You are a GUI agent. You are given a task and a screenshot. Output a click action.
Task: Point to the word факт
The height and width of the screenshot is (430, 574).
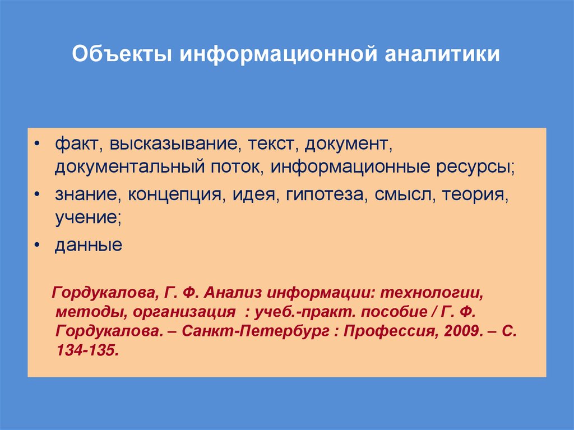point(76,145)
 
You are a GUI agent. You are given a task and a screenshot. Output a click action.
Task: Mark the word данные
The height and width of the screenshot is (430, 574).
point(88,245)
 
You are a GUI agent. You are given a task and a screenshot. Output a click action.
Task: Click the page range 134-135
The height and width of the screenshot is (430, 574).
point(87,349)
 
